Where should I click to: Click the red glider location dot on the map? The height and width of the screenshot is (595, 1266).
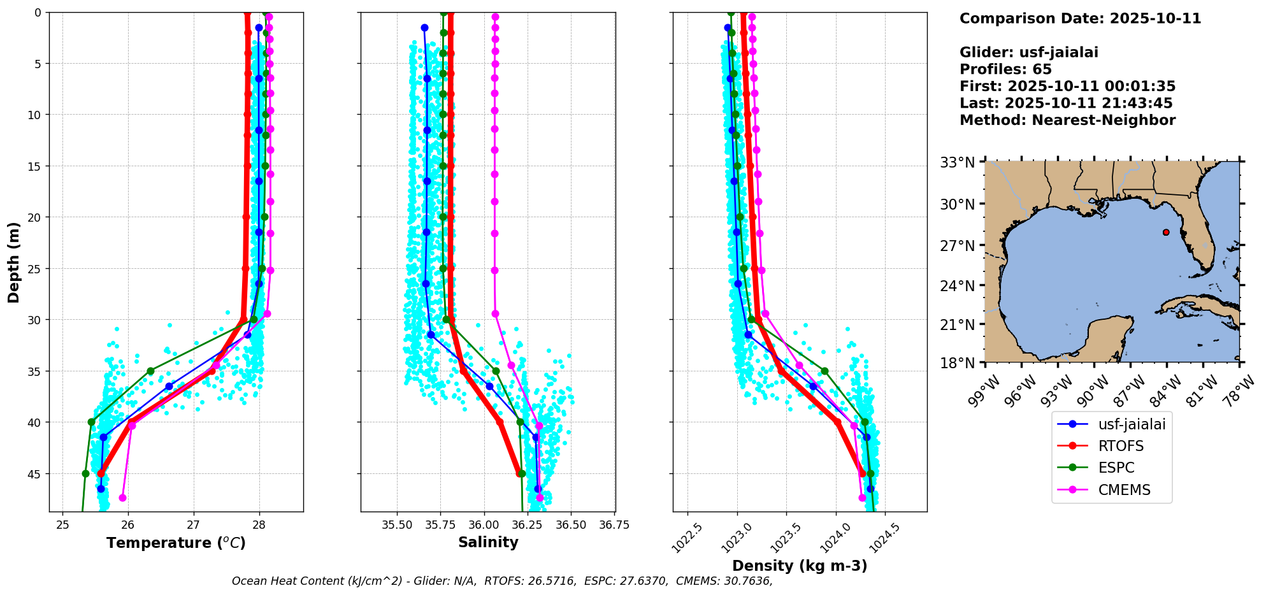click(x=1166, y=232)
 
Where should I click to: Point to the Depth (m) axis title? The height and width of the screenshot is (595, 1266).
click(x=14, y=262)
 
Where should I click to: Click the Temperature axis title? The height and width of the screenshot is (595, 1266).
click(x=176, y=543)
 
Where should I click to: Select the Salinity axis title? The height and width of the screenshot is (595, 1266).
click(x=488, y=542)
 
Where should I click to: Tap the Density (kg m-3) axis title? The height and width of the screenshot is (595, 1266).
click(x=800, y=566)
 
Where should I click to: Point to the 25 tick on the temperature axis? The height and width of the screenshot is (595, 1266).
click(x=62, y=525)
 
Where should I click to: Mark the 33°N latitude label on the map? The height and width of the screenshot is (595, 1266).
click(x=958, y=163)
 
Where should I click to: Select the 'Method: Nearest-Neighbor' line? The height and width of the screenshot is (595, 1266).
click(x=1067, y=120)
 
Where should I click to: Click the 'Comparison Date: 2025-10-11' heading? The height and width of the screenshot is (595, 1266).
click(x=1080, y=18)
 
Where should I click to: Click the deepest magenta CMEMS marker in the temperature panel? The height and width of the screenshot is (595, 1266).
click(x=122, y=498)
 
